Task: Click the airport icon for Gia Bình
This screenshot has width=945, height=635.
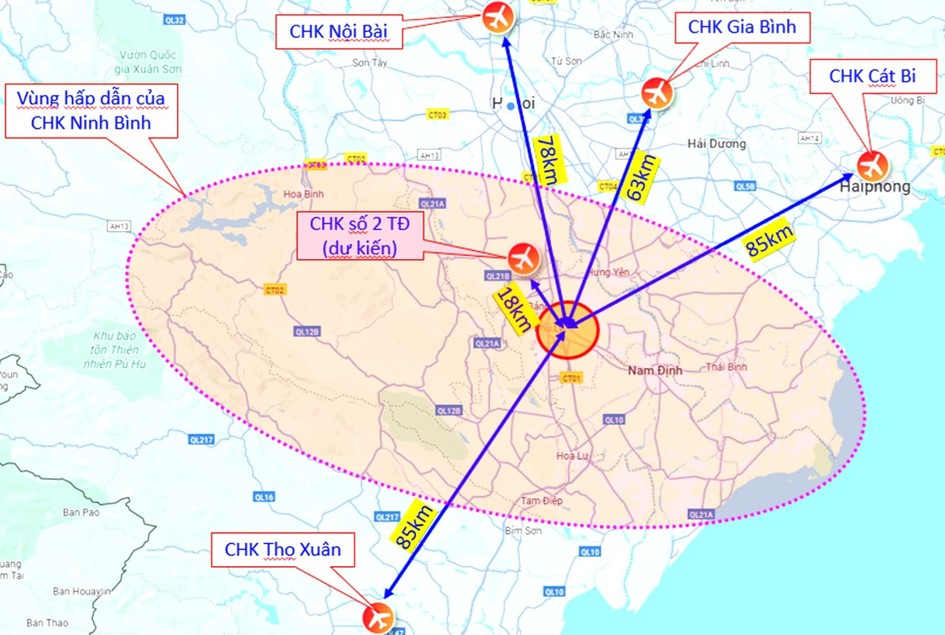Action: [657, 93]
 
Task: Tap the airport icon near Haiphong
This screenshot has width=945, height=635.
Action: [872, 165]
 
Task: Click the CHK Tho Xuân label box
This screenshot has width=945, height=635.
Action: [282, 549]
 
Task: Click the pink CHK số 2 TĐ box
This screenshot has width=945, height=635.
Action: [359, 236]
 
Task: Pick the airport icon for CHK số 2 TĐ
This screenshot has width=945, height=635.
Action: [523, 259]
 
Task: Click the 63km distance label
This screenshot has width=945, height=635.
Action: [640, 178]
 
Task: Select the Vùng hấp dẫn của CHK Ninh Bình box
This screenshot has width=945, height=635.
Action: [91, 110]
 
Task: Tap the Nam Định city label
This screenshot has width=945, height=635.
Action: [655, 371]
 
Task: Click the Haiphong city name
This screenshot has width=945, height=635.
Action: [876, 187]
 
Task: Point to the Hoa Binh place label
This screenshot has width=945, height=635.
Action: [303, 195]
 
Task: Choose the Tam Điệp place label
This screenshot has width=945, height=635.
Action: [542, 500]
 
